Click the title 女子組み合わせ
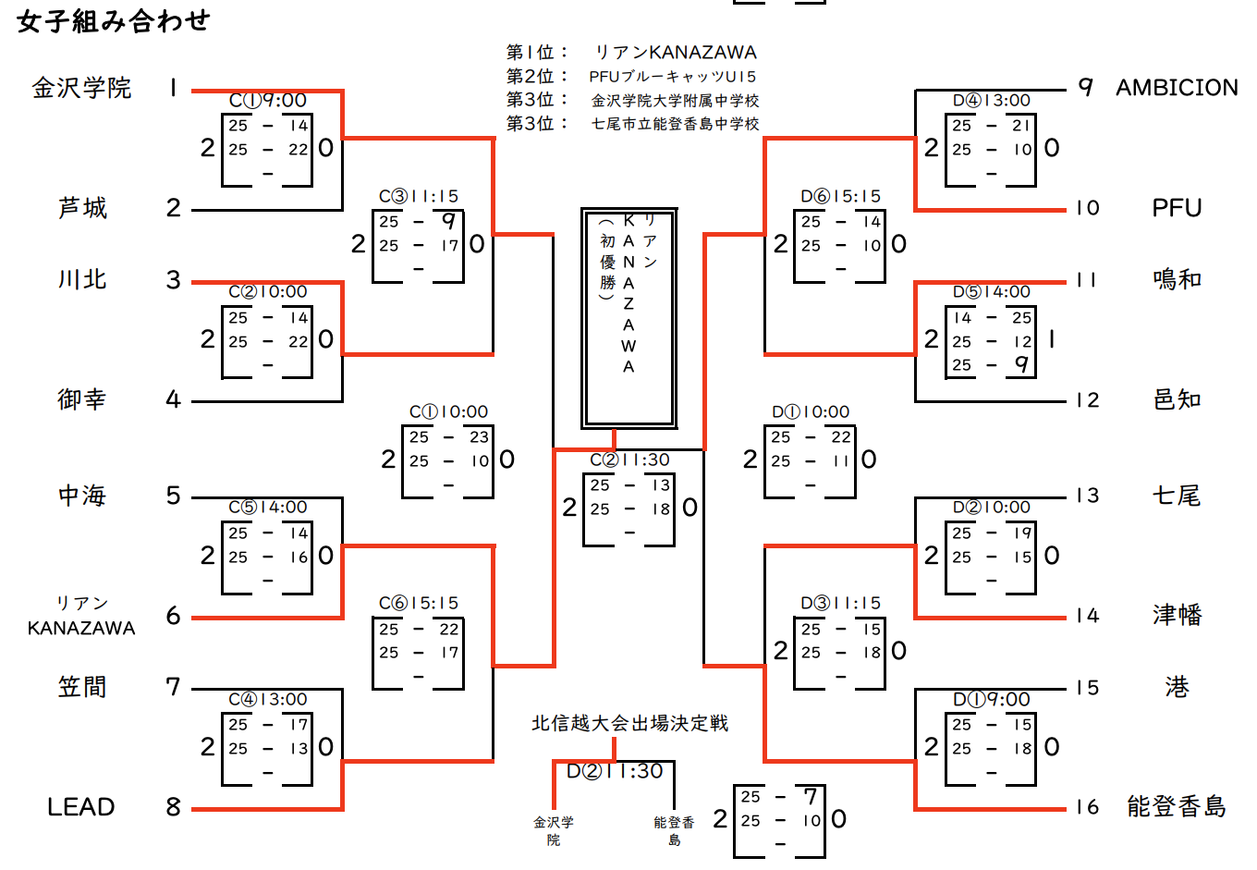[x=113, y=21]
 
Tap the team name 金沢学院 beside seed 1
[x=81, y=88]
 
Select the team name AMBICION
[x=1177, y=88]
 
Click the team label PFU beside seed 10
[x=1176, y=208]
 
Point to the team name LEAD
[x=81, y=807]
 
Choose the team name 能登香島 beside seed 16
[x=1176, y=807]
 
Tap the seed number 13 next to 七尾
[x=1087, y=496]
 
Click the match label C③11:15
[x=419, y=196]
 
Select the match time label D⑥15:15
[x=840, y=196]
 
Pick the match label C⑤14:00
[x=268, y=507]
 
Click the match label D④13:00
[x=991, y=100]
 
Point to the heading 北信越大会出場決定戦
[x=629, y=723]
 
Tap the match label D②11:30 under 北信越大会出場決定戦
[x=615, y=771]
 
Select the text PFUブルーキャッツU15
[x=673, y=77]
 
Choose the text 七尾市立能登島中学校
[x=675, y=124]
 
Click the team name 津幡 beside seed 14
[x=1176, y=615]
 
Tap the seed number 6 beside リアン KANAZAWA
[x=173, y=616]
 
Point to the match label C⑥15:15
[x=419, y=603]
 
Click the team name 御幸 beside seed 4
[x=81, y=399]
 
